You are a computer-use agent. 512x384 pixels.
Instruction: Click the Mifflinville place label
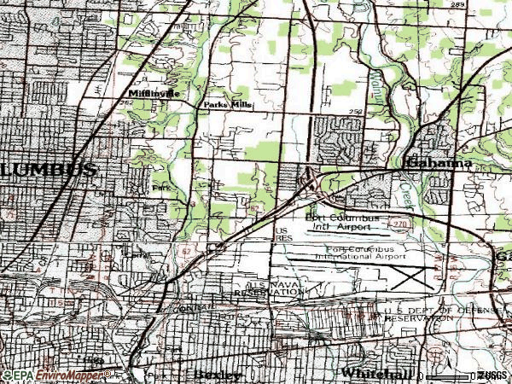tap(154, 93)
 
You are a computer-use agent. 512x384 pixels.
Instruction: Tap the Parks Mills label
tap(223, 105)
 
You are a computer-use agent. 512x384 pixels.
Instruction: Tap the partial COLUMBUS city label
tap(48, 170)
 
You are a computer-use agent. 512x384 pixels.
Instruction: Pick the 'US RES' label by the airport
tap(282, 235)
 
